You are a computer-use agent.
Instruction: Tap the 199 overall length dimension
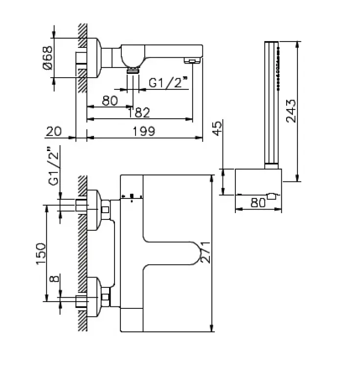point(144,131)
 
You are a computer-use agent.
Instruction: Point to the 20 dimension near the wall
point(54,131)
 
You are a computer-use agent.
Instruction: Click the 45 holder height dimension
point(217,130)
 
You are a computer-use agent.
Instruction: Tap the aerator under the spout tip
point(191,61)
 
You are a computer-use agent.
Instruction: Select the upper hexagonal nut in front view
point(105,210)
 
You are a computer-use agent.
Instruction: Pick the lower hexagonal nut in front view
point(105,297)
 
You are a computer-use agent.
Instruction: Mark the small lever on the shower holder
point(271,196)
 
